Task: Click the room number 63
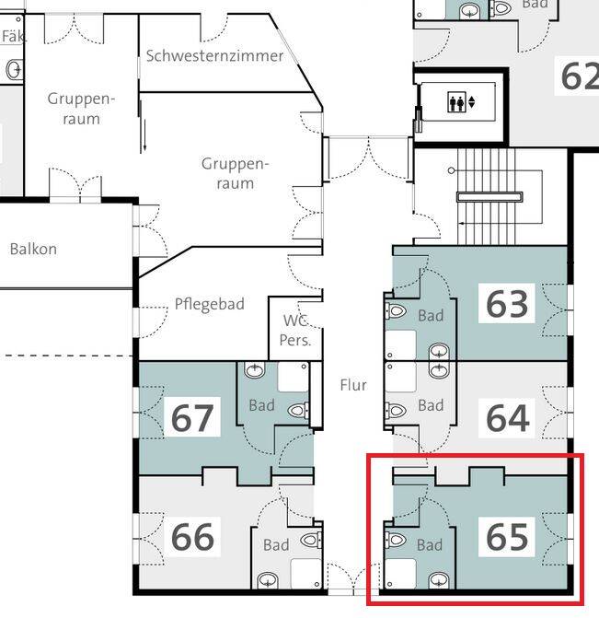[x=507, y=303]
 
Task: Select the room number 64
[x=507, y=417]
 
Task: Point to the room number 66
[x=192, y=537]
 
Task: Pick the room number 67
[x=192, y=418]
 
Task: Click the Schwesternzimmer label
[x=214, y=55]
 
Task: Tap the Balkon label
[x=33, y=249]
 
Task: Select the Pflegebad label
[x=210, y=304]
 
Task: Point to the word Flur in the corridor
[x=352, y=385]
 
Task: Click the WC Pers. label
[x=295, y=331]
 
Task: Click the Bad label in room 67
[x=262, y=405]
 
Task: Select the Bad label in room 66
[x=276, y=545]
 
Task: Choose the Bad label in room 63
[x=431, y=316]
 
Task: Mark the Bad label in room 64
[x=431, y=405]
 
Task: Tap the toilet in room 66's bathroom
[x=311, y=538]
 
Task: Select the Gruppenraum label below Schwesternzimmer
[x=235, y=173]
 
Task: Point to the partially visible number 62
[x=579, y=76]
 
